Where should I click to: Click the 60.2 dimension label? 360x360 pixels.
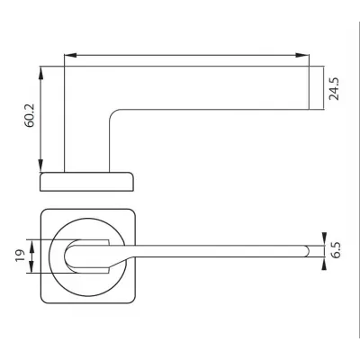click(30, 116)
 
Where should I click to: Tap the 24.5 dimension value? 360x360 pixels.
click(334, 89)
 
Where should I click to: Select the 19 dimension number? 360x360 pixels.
click(20, 256)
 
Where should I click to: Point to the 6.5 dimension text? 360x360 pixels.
click(337, 250)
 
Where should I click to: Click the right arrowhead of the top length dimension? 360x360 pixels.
click(301, 55)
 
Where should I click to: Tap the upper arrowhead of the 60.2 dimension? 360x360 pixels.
click(40, 73)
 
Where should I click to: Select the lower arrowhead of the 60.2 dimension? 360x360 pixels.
click(40, 166)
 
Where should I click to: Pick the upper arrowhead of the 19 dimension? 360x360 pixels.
click(31, 246)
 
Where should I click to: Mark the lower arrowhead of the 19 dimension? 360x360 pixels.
click(31, 266)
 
